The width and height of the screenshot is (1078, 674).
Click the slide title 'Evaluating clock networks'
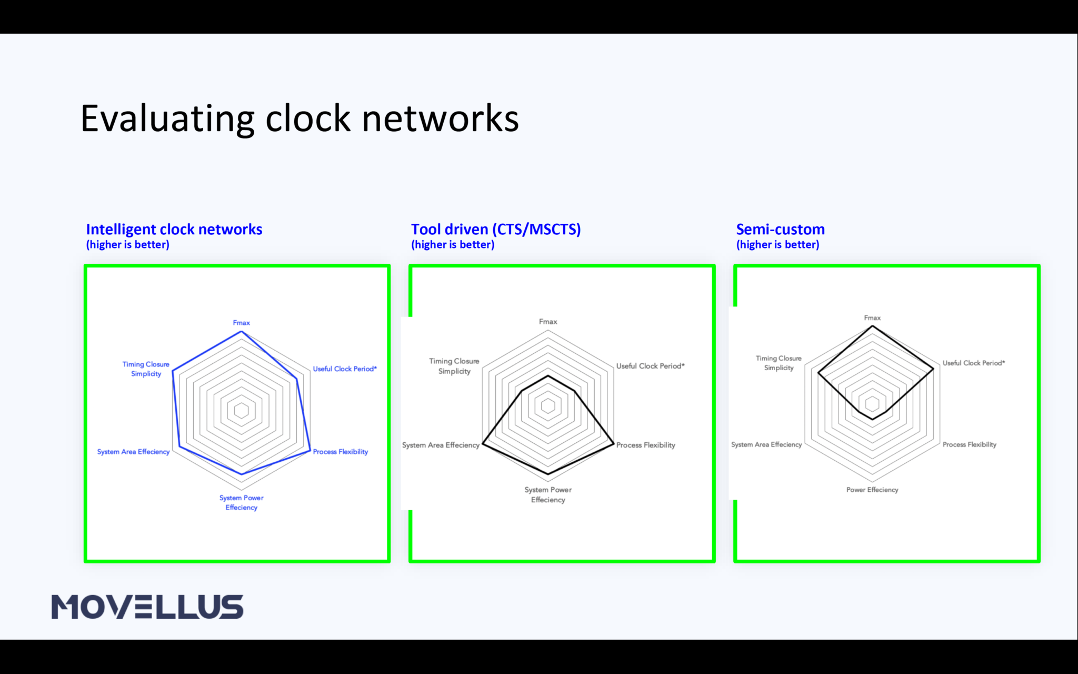pyautogui.click(x=300, y=118)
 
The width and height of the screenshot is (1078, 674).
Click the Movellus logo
pyautogui.click(x=147, y=607)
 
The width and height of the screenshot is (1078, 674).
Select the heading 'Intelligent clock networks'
pyautogui.click(x=174, y=230)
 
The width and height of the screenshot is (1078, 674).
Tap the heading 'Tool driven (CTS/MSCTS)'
pyautogui.click(x=496, y=230)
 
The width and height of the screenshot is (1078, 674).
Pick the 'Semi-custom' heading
pyautogui.click(x=780, y=230)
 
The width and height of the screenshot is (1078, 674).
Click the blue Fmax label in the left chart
pyautogui.click(x=241, y=323)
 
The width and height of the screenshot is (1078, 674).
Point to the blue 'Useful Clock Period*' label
pyautogui.click(x=345, y=369)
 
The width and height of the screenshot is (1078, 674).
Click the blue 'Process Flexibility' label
pyautogui.click(x=340, y=452)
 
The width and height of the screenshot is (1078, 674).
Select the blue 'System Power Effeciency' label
pyautogui.click(x=242, y=502)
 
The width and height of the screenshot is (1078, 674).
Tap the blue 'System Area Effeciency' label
pyautogui.click(x=133, y=452)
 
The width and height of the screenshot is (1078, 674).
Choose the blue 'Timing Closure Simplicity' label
pyautogui.click(x=146, y=369)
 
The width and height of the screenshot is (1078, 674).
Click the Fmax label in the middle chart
pyautogui.click(x=548, y=322)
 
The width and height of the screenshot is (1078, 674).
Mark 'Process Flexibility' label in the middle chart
pyautogui.click(x=645, y=445)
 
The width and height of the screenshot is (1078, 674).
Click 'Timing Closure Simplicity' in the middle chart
pyautogui.click(x=454, y=366)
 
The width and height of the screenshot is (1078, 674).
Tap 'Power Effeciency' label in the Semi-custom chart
pyautogui.click(x=872, y=490)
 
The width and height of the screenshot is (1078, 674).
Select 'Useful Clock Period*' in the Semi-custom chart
pyautogui.click(x=973, y=363)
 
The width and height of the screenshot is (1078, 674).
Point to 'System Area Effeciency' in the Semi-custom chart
pyautogui.click(x=766, y=444)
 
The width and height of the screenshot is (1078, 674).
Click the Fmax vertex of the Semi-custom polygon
pyautogui.click(x=872, y=326)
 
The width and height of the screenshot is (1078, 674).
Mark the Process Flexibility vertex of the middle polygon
pyautogui.click(x=614, y=444)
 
